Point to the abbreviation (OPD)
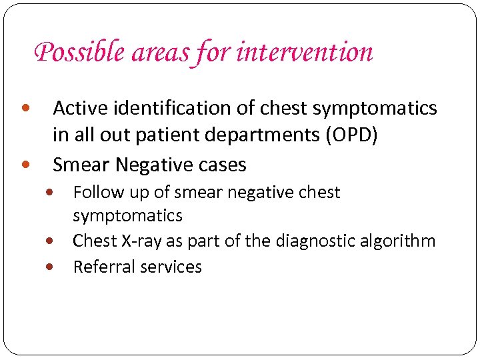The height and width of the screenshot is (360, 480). click(352, 135)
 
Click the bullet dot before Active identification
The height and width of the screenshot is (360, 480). click(25, 108)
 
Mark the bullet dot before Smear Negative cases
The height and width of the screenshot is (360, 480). click(25, 164)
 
